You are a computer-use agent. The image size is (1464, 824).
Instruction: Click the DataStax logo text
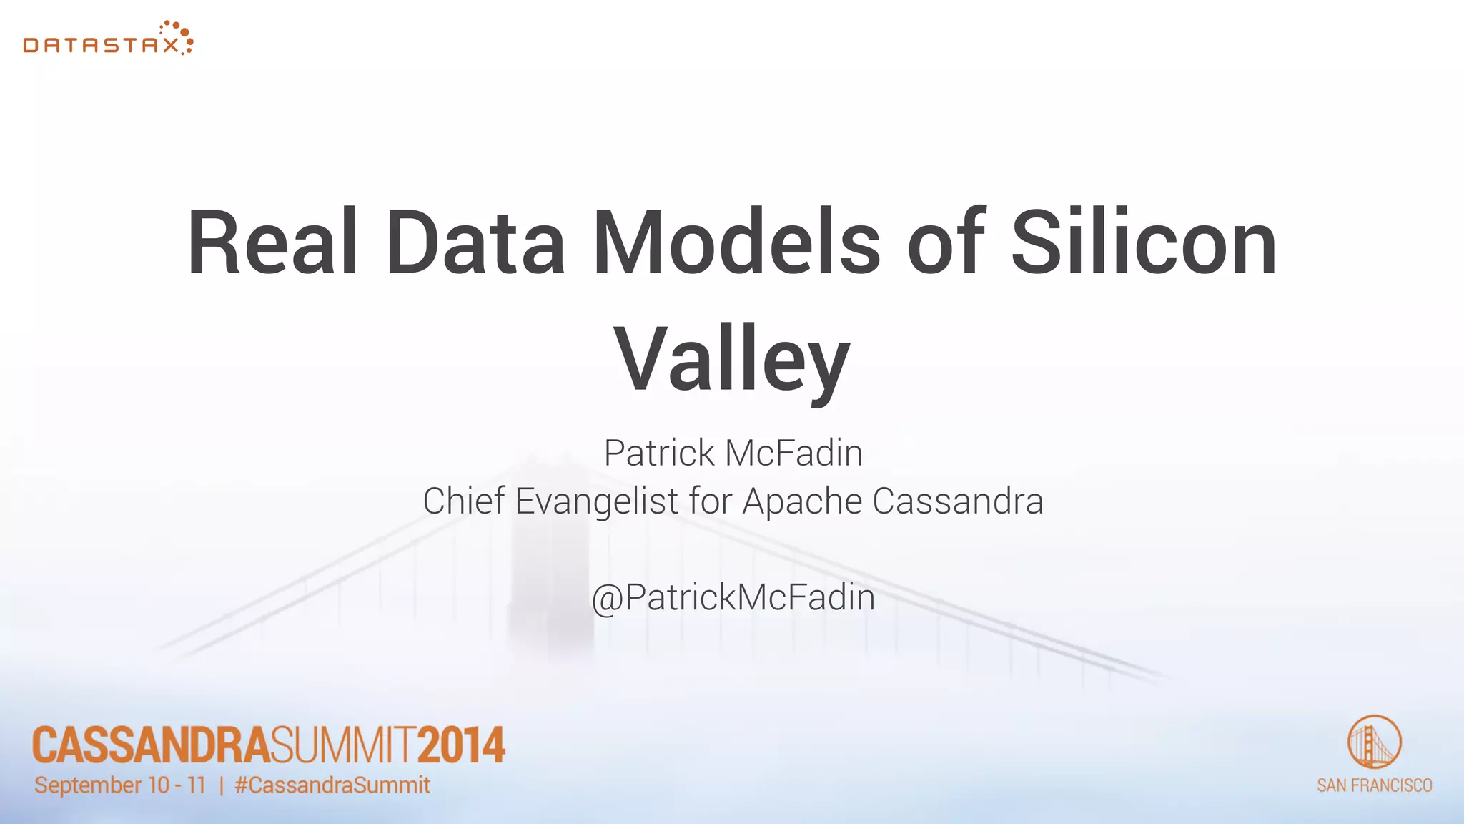tap(100, 46)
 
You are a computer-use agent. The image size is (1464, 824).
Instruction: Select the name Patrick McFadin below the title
tap(733, 453)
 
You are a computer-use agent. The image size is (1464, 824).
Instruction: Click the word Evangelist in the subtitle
tap(597, 501)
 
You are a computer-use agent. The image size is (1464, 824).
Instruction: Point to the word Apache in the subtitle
tap(802, 501)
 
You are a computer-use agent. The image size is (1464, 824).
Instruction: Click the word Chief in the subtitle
tap(464, 501)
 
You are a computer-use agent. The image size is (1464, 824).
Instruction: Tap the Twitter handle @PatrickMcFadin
tap(733, 597)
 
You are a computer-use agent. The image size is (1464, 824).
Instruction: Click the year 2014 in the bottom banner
tap(461, 745)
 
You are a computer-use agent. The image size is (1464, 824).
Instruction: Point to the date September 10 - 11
tap(120, 785)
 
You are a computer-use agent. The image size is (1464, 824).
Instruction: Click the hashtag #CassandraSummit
tap(332, 785)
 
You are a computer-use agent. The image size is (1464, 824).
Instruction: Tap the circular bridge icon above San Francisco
tap(1374, 742)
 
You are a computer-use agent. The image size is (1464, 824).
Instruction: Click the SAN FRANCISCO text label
tap(1374, 785)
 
